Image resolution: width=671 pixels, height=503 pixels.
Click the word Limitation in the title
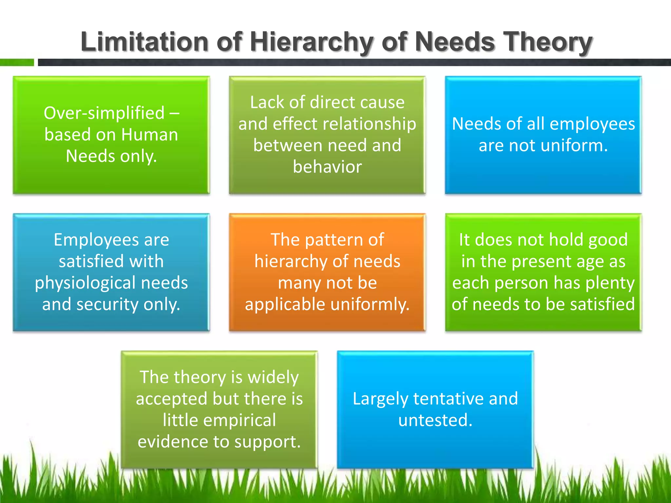tap(144, 42)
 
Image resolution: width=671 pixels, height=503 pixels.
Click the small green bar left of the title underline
tap(16, 62)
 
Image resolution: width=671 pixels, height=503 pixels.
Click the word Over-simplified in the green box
tap(104, 113)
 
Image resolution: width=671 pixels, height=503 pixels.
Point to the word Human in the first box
tap(149, 135)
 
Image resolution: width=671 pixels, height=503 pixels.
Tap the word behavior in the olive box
tap(327, 167)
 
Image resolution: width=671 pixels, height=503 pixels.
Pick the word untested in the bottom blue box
tap(435, 420)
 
